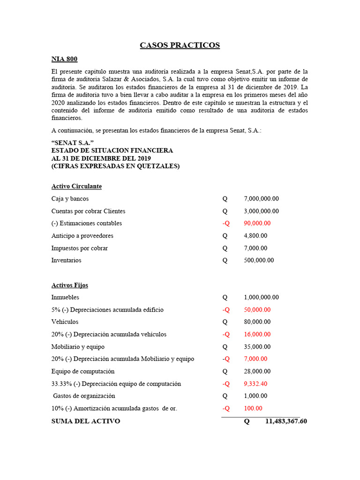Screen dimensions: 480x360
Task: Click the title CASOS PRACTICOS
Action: pos(180,45)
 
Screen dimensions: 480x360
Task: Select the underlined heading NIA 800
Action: pos(64,59)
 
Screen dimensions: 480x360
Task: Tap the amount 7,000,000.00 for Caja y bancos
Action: pos(261,199)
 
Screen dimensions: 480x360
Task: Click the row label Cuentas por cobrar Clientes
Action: pos(88,211)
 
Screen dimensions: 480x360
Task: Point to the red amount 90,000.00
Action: pos(257,224)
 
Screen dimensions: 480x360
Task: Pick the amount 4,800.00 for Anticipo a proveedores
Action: pos(255,236)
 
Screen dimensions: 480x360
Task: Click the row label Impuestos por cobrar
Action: pos(79,248)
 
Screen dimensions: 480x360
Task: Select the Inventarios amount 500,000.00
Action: pos(259,261)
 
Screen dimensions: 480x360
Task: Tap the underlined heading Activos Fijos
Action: pos(69,285)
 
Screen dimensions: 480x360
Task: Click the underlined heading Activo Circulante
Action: pos(76,187)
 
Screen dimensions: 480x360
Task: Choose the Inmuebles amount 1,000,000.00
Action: pos(261,298)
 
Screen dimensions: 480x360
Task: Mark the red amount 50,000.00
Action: pos(257,310)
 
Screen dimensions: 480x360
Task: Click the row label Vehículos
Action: pos(65,322)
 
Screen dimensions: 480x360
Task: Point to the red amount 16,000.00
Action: pos(257,335)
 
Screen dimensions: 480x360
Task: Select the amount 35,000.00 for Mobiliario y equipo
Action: pos(257,347)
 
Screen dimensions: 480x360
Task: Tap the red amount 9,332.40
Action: pos(255,384)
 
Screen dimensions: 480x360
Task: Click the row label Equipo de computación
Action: pos(82,372)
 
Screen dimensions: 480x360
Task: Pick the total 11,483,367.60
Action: pos(286,421)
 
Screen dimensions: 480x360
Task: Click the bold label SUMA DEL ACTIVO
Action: pos(85,421)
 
